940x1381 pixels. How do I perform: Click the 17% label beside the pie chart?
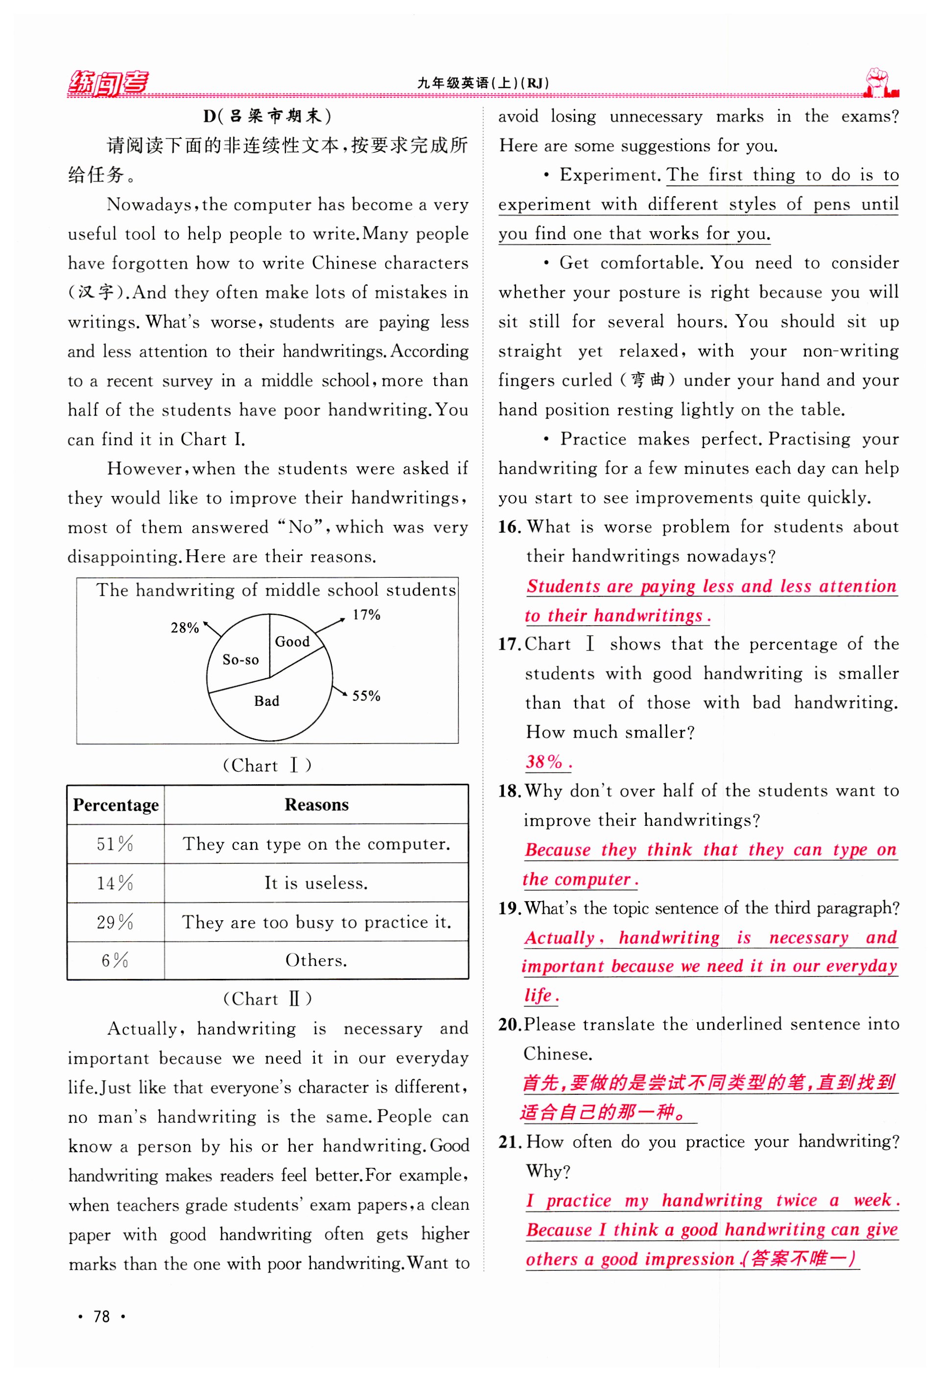tap(366, 614)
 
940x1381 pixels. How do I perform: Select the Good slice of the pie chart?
tap(292, 642)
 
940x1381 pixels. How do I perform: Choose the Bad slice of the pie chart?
tap(266, 701)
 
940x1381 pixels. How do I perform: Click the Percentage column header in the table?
tap(116, 805)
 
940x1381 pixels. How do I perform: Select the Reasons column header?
tap(316, 805)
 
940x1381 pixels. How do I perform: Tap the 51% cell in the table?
tap(116, 844)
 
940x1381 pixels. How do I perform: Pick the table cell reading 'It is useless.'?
tap(316, 883)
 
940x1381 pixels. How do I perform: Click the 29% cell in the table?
tap(116, 922)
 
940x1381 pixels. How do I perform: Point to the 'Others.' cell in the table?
tap(316, 960)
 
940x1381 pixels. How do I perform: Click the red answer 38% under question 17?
tap(547, 762)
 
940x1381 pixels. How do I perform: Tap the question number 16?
tap(510, 527)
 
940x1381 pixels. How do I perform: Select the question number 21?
tap(510, 1142)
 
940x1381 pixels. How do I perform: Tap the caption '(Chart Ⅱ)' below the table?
tap(267, 999)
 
